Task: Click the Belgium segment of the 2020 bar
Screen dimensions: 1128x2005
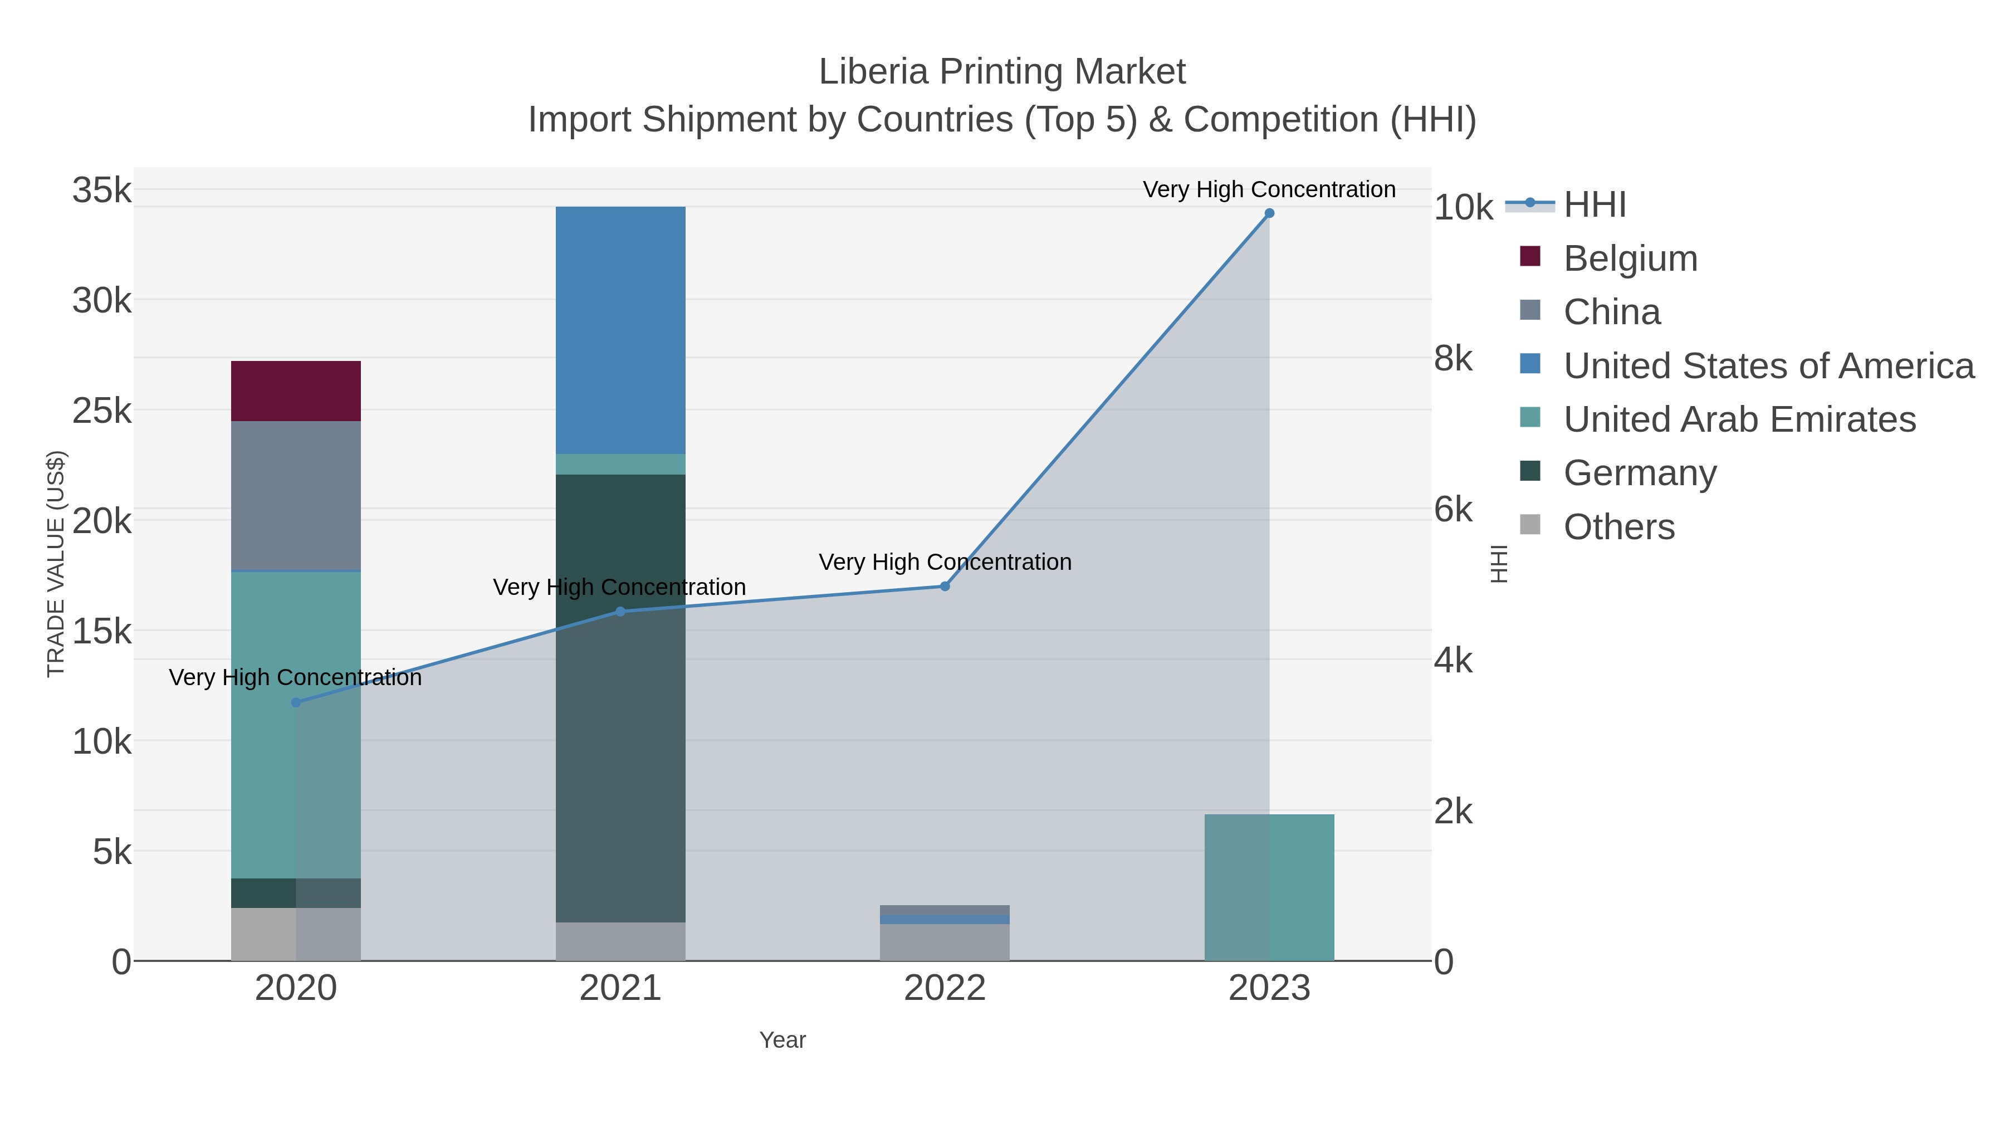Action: click(x=296, y=391)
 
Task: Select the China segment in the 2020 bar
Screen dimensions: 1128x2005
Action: click(x=296, y=496)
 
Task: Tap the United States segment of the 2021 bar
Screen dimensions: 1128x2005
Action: click(x=620, y=330)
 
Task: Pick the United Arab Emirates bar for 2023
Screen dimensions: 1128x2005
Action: click(x=1269, y=887)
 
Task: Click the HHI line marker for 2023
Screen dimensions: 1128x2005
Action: click(x=1269, y=213)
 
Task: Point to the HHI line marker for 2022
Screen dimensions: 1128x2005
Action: click(x=945, y=586)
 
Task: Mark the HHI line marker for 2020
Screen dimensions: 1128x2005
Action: click(x=296, y=702)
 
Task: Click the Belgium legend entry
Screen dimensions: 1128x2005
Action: click(x=1630, y=258)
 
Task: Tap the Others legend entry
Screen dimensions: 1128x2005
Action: click(x=1618, y=527)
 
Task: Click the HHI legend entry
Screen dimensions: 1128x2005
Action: click(x=1594, y=205)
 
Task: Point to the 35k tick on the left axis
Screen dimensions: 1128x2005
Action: click(x=102, y=191)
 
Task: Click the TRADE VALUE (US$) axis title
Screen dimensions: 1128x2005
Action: click(x=56, y=564)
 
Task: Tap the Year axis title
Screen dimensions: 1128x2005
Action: click(x=783, y=1040)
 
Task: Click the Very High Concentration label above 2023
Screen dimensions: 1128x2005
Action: click(x=1269, y=190)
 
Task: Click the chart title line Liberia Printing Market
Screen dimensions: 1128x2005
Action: click(x=1002, y=72)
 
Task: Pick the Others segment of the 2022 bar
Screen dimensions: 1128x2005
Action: click(x=945, y=942)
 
